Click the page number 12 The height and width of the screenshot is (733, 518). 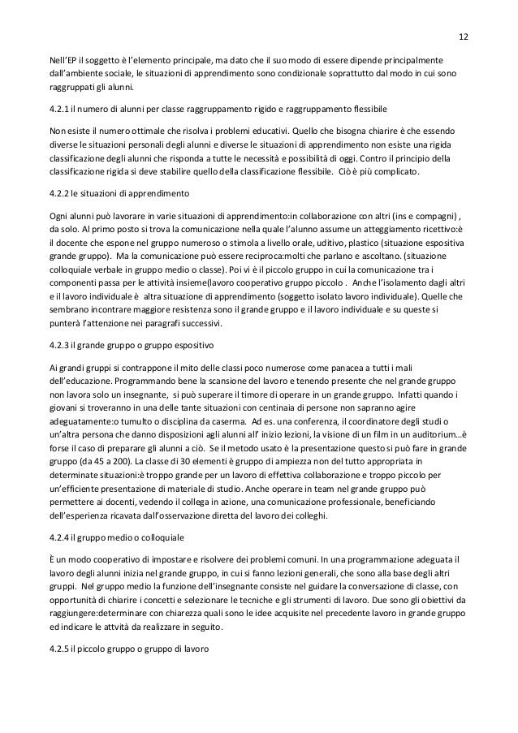click(463, 37)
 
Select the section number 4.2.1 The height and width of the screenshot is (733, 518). click(61, 107)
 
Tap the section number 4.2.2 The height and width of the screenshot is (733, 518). click(61, 194)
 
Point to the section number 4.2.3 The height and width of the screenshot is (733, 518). click(61, 343)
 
